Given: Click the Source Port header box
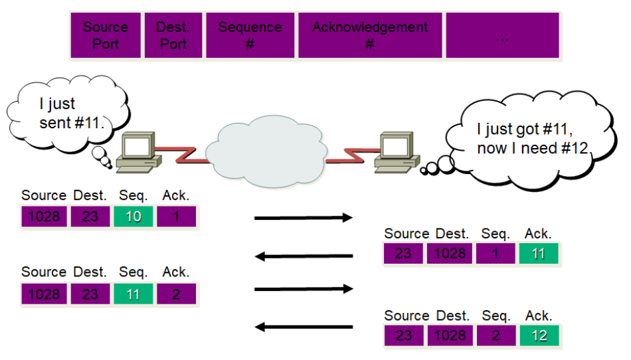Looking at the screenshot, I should pyautogui.click(x=106, y=36).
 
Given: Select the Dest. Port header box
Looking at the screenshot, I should pyautogui.click(x=173, y=36).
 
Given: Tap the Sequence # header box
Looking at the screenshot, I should pyautogui.click(x=250, y=36).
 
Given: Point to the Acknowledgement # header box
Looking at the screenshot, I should pyautogui.click(x=370, y=36).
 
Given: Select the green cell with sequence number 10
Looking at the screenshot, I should pyautogui.click(x=134, y=217).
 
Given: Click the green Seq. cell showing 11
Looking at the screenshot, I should pyautogui.click(x=134, y=294).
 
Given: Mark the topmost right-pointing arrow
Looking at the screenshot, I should pyautogui.click(x=303, y=217).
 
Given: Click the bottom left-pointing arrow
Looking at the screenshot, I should pyautogui.click(x=304, y=327).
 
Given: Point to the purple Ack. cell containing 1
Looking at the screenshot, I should pyautogui.click(x=176, y=217).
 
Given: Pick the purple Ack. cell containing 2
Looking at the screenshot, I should pyautogui.click(x=176, y=294).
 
